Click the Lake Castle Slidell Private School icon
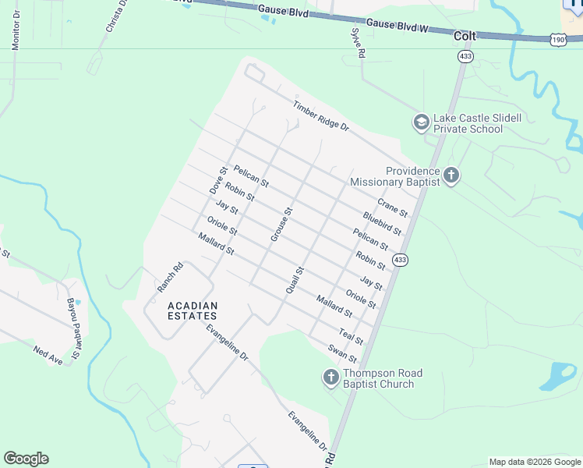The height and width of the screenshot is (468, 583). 421,122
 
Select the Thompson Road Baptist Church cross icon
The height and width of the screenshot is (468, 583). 330,378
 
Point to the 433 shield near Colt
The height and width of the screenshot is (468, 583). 465,56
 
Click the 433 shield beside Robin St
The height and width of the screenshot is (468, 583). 400,260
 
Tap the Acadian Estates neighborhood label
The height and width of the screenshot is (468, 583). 193,310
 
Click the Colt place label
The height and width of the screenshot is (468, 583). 465,36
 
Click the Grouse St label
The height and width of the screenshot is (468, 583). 281,224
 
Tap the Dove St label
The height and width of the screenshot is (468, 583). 217,180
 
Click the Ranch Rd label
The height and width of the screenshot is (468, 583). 170,277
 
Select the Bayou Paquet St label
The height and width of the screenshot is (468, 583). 73,328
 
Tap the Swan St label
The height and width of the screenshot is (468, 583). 342,353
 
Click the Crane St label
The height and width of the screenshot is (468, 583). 392,207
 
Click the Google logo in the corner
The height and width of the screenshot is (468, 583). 26,459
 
